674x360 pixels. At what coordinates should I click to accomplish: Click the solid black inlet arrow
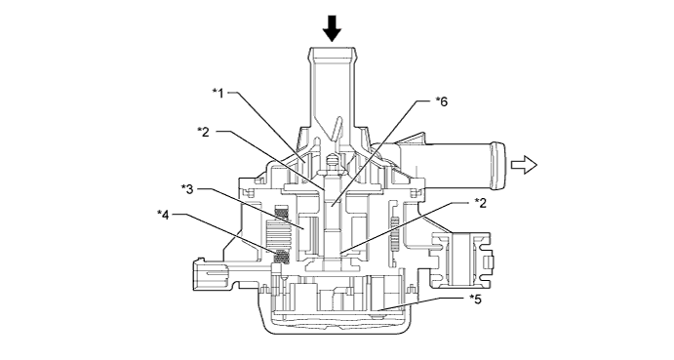click(x=332, y=28)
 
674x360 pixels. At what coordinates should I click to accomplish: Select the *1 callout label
click(x=218, y=93)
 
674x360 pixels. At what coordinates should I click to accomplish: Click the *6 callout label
click(x=442, y=101)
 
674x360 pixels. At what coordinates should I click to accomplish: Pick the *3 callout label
click(x=187, y=189)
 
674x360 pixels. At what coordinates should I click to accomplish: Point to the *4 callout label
click(x=163, y=214)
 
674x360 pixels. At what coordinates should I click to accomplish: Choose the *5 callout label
click(x=475, y=299)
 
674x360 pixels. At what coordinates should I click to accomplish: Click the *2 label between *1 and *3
click(x=203, y=132)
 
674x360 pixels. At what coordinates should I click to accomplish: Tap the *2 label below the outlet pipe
click(x=481, y=203)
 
